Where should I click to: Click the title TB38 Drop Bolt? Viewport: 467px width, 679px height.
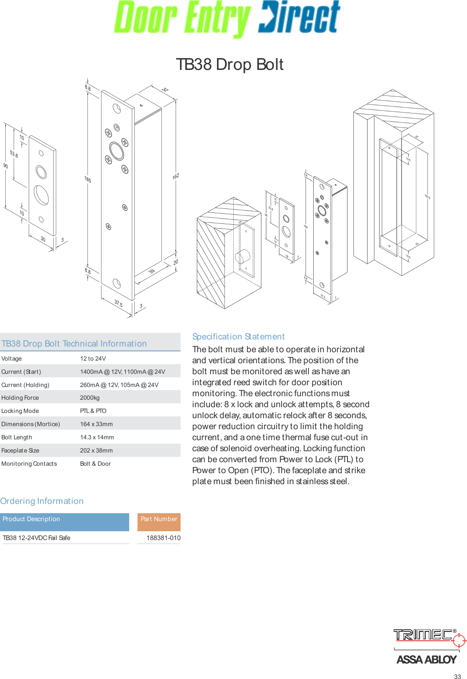coord(229,65)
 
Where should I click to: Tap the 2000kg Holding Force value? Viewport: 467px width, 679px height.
coord(90,398)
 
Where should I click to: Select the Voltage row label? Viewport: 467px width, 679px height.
coord(11,358)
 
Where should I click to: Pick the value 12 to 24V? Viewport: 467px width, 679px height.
coord(93,358)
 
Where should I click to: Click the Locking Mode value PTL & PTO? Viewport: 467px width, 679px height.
coord(93,411)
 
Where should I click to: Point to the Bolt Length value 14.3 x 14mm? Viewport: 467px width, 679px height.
coord(97,437)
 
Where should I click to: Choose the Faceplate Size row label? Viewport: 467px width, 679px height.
coord(20,450)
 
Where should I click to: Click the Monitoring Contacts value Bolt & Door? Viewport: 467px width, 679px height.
coord(95,464)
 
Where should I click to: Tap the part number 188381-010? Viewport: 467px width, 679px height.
coord(163,538)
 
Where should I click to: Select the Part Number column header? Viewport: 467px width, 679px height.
coord(159,519)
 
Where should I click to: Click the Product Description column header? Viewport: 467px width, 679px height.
coord(31,519)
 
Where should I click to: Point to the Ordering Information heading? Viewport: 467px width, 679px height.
coord(42,501)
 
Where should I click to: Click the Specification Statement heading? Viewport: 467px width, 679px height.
coord(238,336)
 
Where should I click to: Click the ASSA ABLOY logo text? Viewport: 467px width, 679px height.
coord(426,659)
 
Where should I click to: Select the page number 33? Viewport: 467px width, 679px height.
coord(457,676)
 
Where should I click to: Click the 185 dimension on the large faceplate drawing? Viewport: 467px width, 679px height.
coord(88,179)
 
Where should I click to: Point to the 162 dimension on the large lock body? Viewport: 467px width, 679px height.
coord(176,176)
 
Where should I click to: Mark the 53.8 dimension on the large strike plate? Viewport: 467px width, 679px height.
coord(14,154)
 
